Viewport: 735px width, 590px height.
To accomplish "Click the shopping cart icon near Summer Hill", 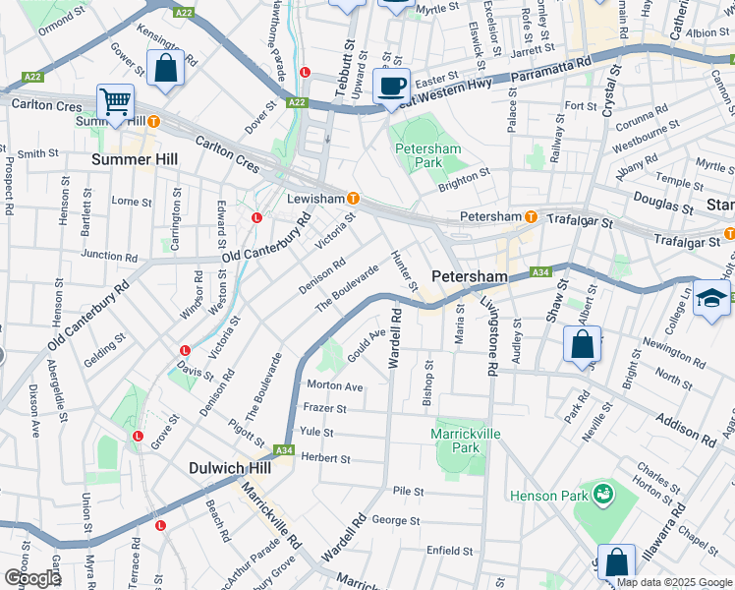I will point(116,101).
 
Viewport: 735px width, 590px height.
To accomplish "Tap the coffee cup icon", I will point(392,86).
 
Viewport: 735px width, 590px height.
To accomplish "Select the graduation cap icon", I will point(711,297).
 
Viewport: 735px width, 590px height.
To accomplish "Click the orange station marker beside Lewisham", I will point(353,198).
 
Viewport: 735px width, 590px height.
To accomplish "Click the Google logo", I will point(32,578).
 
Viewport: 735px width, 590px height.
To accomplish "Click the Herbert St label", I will point(325,458).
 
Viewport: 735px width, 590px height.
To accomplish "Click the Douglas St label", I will point(663,204).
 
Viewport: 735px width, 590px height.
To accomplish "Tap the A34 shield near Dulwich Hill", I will point(285,450).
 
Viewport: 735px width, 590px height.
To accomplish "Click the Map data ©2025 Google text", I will point(674,582).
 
